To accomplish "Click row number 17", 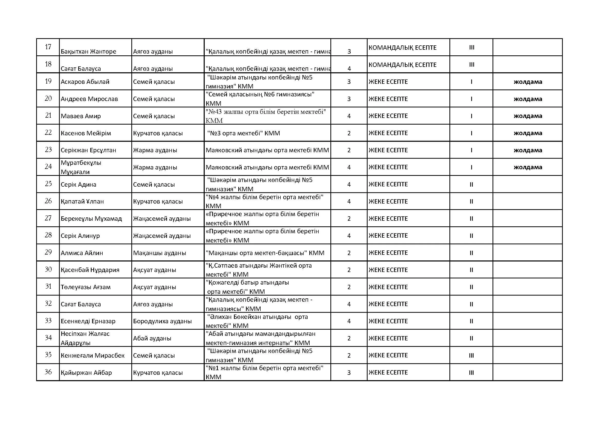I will (x=48, y=47).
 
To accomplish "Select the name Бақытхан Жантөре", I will (x=88, y=52).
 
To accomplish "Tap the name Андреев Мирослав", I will (x=89, y=99).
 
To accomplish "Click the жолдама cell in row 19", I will (x=528, y=82).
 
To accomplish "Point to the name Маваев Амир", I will (x=81, y=116).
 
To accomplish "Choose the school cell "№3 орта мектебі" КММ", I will (x=243, y=133).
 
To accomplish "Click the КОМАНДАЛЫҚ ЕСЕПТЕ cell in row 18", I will (x=402, y=65).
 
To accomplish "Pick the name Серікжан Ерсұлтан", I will (x=88, y=150).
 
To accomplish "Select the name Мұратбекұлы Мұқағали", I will (x=81, y=167).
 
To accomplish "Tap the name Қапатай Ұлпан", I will (x=82, y=201).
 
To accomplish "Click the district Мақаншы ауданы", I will (x=159, y=253).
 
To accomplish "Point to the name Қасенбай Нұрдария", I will (x=90, y=270).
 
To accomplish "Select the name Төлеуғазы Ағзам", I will (x=86, y=287).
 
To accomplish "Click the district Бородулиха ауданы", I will (x=162, y=321).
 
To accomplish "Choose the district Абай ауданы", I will (x=152, y=338).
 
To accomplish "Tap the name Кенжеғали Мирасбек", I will (x=93, y=355).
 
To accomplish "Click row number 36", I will (x=48, y=372).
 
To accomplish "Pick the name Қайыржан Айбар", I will (x=86, y=372).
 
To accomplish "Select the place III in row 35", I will (x=471, y=355).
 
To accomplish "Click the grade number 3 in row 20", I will (x=349, y=99).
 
